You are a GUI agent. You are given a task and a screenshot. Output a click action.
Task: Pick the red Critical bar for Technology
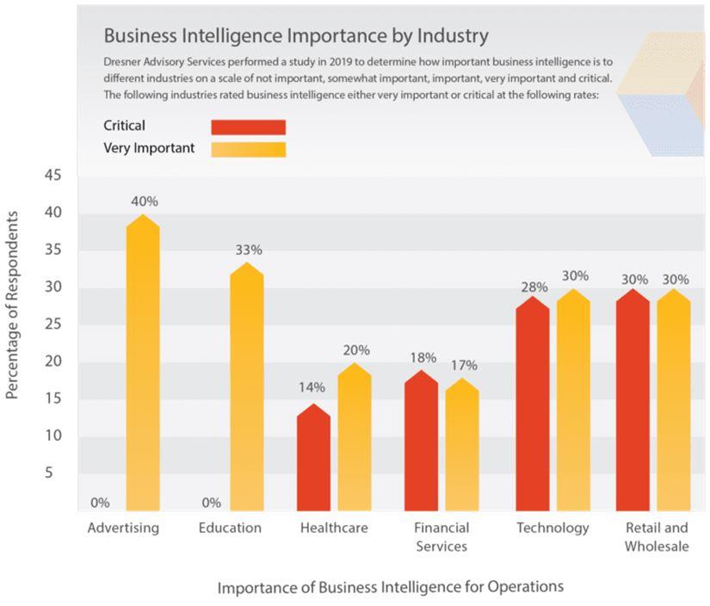[533, 405]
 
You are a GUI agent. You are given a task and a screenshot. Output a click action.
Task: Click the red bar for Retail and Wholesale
[633, 400]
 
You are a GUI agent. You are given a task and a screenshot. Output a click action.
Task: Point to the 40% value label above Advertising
[145, 201]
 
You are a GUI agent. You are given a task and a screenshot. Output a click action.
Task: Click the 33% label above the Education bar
[249, 250]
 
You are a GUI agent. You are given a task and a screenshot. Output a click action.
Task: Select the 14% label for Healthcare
[312, 387]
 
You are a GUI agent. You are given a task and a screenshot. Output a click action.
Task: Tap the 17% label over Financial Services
[464, 365]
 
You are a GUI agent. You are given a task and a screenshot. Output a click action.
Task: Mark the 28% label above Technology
[534, 287]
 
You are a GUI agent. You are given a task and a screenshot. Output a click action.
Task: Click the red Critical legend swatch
[249, 127]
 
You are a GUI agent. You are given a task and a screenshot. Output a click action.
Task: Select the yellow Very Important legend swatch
[249, 149]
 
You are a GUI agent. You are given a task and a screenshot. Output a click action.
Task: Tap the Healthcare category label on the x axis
[333, 528]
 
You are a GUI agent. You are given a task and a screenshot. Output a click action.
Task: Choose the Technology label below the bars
[553, 528]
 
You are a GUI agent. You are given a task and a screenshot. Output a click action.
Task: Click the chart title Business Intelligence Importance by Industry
[296, 36]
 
